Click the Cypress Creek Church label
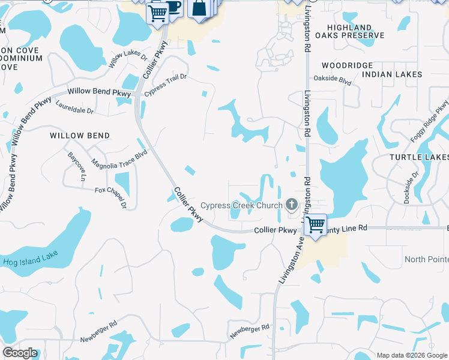click(241, 206)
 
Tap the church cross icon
click(292, 205)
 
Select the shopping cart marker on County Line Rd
click(315, 225)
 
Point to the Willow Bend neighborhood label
click(80, 136)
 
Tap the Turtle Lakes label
click(419, 157)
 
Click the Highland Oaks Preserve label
click(354, 32)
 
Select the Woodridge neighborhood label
click(347, 65)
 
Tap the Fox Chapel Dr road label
click(112, 196)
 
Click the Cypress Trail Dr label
click(165, 86)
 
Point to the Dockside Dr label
click(411, 188)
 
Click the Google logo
click(20, 353)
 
